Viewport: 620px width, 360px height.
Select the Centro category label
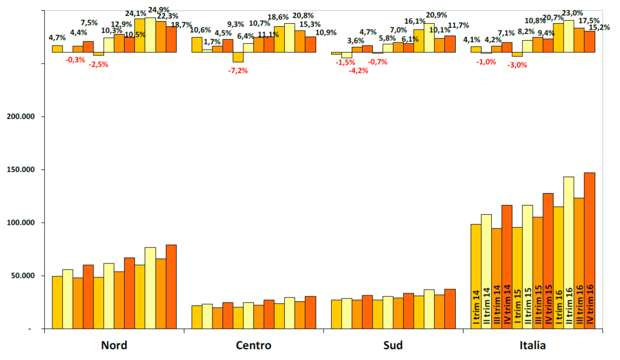(x=253, y=345)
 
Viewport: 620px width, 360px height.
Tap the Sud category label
(x=393, y=345)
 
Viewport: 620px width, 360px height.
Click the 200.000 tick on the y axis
(x=20, y=117)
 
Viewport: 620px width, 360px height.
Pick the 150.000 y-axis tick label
(x=20, y=170)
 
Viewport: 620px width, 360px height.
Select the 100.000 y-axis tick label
(x=20, y=223)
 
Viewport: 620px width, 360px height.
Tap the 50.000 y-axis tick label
(x=22, y=276)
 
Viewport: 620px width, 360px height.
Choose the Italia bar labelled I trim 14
(x=476, y=276)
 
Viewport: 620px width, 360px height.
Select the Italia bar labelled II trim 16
(x=569, y=253)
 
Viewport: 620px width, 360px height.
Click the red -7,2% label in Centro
(x=238, y=70)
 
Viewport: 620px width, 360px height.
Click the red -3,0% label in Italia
(x=517, y=65)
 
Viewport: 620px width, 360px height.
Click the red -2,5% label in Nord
(x=98, y=65)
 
